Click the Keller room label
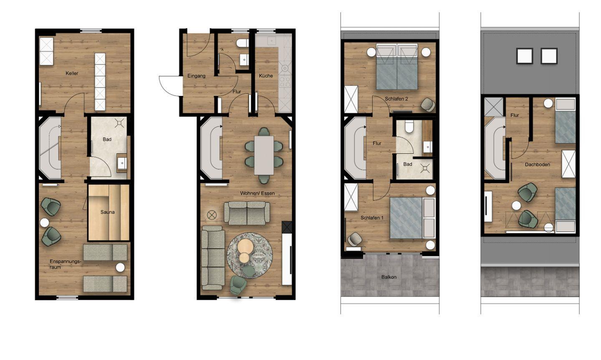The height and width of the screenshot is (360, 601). (72, 73)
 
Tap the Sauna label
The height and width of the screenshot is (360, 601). (108, 212)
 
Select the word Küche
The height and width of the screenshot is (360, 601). (266, 76)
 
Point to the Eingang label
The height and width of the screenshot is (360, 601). (197, 76)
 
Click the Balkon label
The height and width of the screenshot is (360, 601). (389, 277)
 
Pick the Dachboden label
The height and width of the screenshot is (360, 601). (538, 164)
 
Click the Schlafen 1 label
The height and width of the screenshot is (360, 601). (372, 218)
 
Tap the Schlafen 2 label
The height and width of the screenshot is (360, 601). (396, 99)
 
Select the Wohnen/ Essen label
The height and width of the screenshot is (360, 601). (257, 193)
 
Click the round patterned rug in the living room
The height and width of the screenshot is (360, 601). (250, 255)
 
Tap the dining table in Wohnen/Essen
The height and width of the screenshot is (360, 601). (264, 155)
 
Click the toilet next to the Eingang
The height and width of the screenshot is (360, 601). (243, 43)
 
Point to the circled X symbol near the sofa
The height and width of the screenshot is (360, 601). (212, 215)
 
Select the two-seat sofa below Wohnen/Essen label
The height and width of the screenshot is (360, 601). (247, 213)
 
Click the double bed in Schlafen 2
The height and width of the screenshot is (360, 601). (397, 66)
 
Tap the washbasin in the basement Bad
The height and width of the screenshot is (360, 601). (122, 163)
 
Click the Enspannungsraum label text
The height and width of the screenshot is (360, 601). (65, 264)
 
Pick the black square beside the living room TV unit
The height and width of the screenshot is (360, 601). (287, 227)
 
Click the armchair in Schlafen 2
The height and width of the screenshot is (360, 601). (428, 105)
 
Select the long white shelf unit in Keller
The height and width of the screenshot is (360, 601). (100, 81)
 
